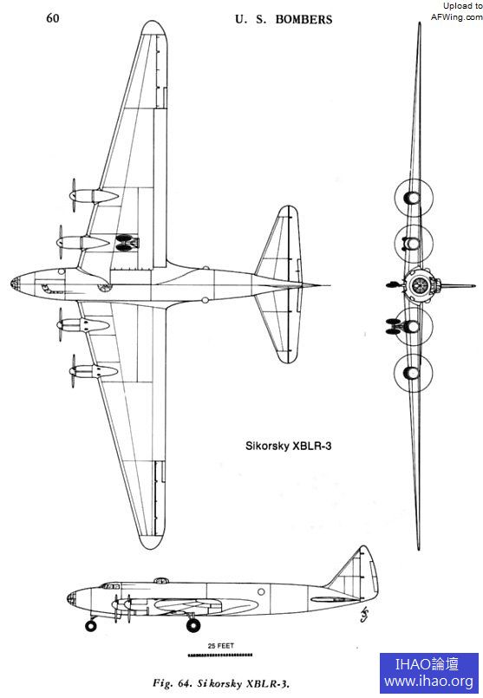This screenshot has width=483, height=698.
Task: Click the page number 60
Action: click(53, 18)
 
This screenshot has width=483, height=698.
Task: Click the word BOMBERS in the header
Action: click(304, 19)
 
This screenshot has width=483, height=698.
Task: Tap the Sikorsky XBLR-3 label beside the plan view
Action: click(289, 446)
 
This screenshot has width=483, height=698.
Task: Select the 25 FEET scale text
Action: click(220, 645)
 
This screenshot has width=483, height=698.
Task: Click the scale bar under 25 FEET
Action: click(220, 655)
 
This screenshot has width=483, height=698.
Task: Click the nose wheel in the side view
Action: click(91, 625)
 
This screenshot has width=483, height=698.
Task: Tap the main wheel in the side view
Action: click(193, 625)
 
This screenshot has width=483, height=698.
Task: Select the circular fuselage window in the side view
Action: click(261, 591)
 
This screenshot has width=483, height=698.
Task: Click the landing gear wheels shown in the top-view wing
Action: click(126, 243)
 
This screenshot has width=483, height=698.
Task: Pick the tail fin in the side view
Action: click(356, 572)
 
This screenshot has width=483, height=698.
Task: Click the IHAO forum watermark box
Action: click(428, 673)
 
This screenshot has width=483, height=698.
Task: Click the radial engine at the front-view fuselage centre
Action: click(419, 284)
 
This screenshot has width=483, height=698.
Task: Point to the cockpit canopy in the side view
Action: click(111, 585)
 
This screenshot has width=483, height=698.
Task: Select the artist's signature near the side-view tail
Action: click(364, 614)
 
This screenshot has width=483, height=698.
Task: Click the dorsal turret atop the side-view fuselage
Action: click(161, 580)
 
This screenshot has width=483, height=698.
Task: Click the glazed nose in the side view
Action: click(72, 598)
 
